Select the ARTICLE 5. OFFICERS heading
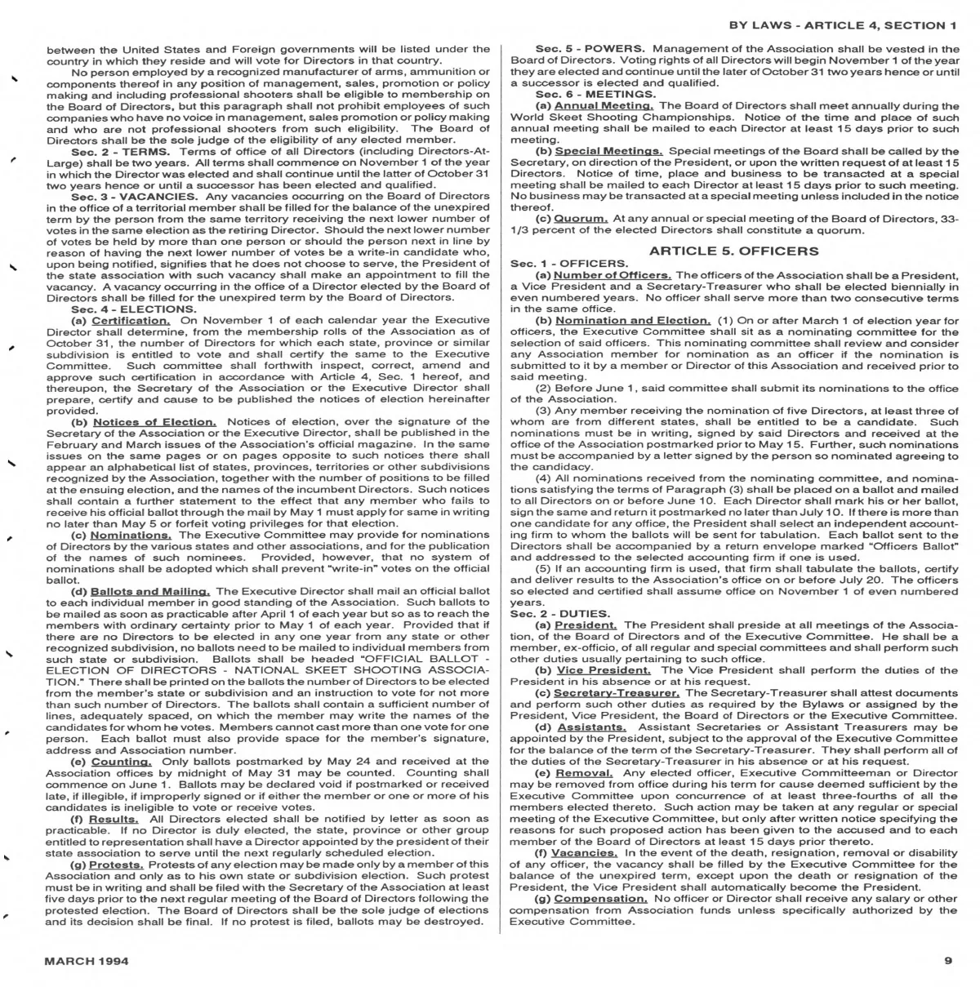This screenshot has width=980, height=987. coord(733,251)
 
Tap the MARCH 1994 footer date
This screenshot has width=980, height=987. coord(87,961)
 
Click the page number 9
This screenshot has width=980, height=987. coord(948,961)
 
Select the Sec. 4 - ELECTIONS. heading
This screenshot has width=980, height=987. coord(133,309)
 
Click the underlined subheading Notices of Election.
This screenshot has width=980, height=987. coord(154,421)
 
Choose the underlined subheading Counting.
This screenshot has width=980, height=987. coord(122,760)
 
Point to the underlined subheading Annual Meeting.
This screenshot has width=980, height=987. coord(604,105)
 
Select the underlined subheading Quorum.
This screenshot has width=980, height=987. coord(581,219)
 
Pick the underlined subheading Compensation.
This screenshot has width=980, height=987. coord(600,898)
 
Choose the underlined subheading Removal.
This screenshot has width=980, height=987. coord(585,772)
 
